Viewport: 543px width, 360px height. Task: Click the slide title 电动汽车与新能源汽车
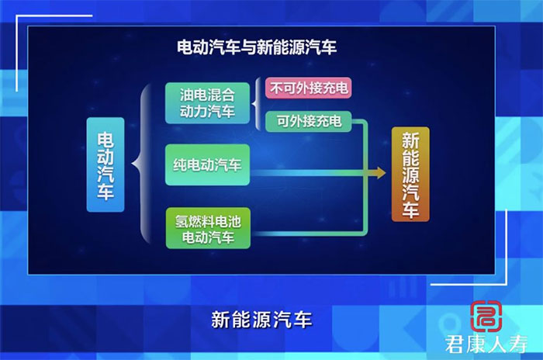[x=257, y=47]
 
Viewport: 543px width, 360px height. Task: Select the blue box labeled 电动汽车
[x=105, y=164]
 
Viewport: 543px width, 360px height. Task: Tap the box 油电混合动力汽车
[x=207, y=103]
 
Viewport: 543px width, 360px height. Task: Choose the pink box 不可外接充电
[x=309, y=88]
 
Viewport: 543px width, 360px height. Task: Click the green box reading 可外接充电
[x=309, y=121]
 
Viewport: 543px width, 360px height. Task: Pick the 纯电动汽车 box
[x=207, y=165]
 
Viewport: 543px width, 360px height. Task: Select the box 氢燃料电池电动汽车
[x=208, y=228]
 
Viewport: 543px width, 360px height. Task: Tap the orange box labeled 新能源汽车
[x=410, y=174]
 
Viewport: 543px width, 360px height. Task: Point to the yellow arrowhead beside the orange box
[x=379, y=172]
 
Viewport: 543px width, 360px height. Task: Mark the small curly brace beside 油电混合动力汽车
[x=257, y=104]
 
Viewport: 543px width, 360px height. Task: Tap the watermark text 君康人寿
[x=486, y=344]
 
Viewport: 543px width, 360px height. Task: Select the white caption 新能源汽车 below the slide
[x=262, y=320]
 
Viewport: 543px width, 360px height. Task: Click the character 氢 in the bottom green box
[x=182, y=221]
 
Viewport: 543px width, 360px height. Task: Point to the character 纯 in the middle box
[x=181, y=165]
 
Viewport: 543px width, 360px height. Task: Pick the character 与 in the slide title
[x=249, y=47]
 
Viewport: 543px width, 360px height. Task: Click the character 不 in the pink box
[x=277, y=88]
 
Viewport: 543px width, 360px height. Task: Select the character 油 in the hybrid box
[x=187, y=95]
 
